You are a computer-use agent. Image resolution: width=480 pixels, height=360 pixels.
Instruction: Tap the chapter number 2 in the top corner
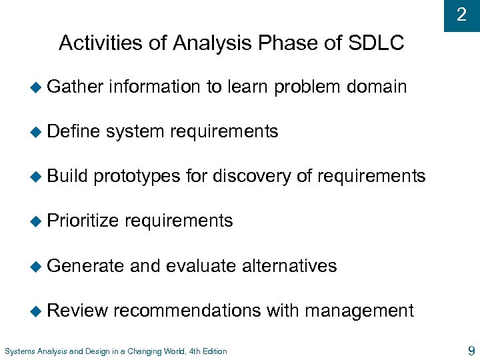461,15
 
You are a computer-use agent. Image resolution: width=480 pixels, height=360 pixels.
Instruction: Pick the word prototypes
137,177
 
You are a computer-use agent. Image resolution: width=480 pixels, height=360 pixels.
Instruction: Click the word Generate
86,265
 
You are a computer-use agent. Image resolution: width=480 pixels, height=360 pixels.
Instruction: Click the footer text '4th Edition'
207,351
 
